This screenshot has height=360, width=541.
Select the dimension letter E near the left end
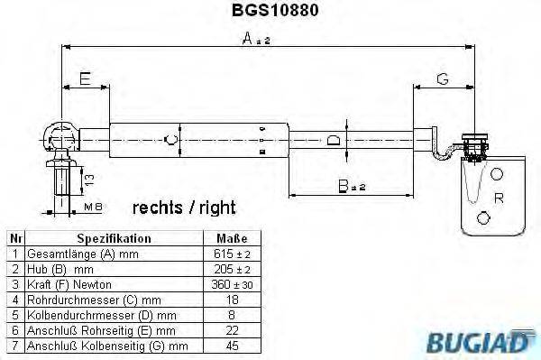pos(84,79)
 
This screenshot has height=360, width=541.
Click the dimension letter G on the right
pos(442,79)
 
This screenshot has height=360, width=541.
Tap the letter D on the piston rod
pos(333,141)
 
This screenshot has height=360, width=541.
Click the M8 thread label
pos(92,208)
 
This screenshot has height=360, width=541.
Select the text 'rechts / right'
pos(184,208)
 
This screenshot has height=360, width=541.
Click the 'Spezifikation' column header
pos(114,239)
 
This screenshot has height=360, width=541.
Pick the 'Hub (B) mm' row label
pos(60,270)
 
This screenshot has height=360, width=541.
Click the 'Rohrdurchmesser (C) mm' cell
pos(94,300)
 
